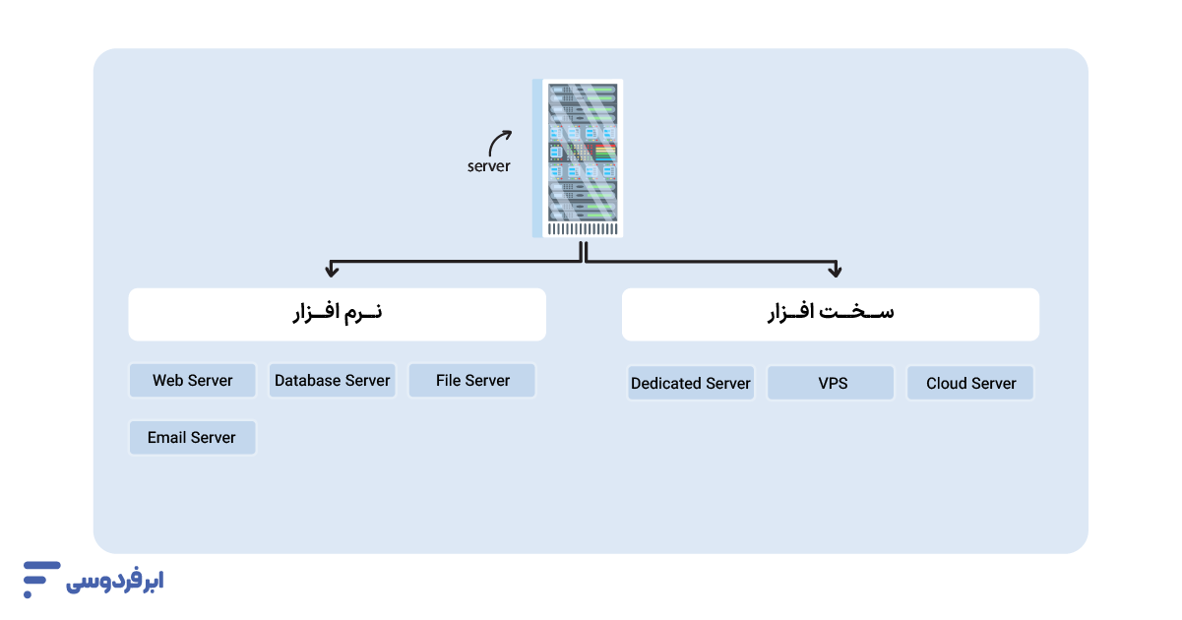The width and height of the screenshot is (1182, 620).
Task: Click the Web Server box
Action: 193,381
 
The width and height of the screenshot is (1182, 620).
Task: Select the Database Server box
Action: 333,381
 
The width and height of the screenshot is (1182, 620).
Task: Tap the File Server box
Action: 472,381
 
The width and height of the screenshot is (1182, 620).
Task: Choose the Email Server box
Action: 193,438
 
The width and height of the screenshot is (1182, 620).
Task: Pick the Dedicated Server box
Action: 691,384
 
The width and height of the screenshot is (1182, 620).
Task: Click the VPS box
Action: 832,384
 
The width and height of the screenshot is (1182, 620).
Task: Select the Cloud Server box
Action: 970,384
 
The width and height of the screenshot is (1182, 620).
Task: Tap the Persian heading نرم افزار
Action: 338,313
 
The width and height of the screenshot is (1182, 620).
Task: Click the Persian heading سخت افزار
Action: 831,313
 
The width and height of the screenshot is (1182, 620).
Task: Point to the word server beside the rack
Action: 488,166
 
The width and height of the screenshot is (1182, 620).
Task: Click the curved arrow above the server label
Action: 500,142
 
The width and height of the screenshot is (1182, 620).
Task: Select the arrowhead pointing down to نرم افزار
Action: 333,269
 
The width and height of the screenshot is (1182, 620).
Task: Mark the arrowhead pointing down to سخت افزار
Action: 835,269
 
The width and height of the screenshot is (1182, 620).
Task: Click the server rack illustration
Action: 578,157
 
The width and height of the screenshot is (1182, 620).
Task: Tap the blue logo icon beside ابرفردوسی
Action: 40,579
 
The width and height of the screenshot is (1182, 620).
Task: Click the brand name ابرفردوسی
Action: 115,582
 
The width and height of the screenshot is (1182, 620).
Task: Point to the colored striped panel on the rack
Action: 604,152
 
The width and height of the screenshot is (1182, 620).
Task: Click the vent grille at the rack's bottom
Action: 583,229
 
